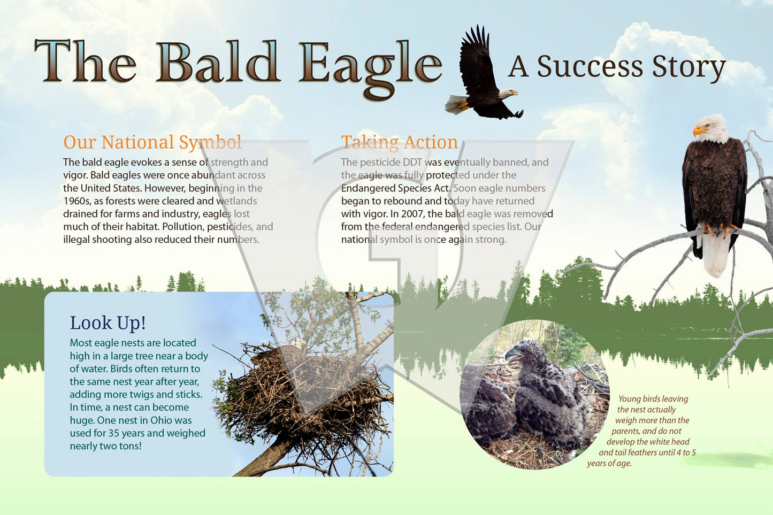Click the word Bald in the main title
(x=218, y=62)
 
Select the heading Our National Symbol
(x=152, y=142)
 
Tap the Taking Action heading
(x=399, y=142)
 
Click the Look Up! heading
(x=108, y=323)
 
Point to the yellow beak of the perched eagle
(x=699, y=130)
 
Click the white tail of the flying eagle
(x=456, y=105)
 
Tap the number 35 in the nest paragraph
(x=113, y=433)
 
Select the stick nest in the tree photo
(x=304, y=393)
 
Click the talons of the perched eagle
(x=718, y=229)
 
